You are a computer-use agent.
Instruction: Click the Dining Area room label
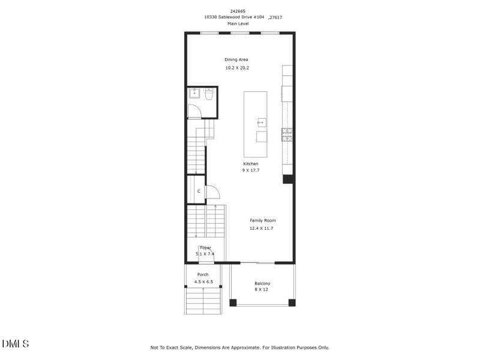236,59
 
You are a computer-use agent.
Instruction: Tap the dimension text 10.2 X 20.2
237,68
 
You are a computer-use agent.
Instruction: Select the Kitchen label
251,164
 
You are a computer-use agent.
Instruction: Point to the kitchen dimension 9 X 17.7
251,171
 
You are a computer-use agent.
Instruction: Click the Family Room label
263,221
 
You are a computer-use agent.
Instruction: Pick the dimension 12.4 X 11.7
262,229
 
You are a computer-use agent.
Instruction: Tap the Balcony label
262,283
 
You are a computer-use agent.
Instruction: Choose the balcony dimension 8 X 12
262,290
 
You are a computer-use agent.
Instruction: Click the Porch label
203,274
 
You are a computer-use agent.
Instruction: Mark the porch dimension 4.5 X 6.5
203,281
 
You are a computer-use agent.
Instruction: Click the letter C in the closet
199,191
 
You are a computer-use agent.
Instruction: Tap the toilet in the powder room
209,94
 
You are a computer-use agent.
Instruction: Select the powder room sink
194,93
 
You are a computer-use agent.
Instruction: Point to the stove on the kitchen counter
287,134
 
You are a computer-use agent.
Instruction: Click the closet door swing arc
213,192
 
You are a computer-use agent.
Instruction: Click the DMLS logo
16,344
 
